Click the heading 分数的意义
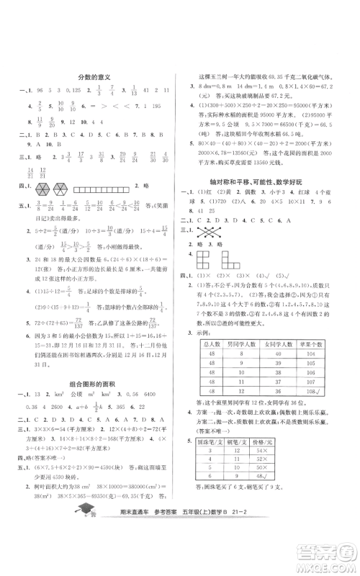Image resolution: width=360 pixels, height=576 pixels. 94,76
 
